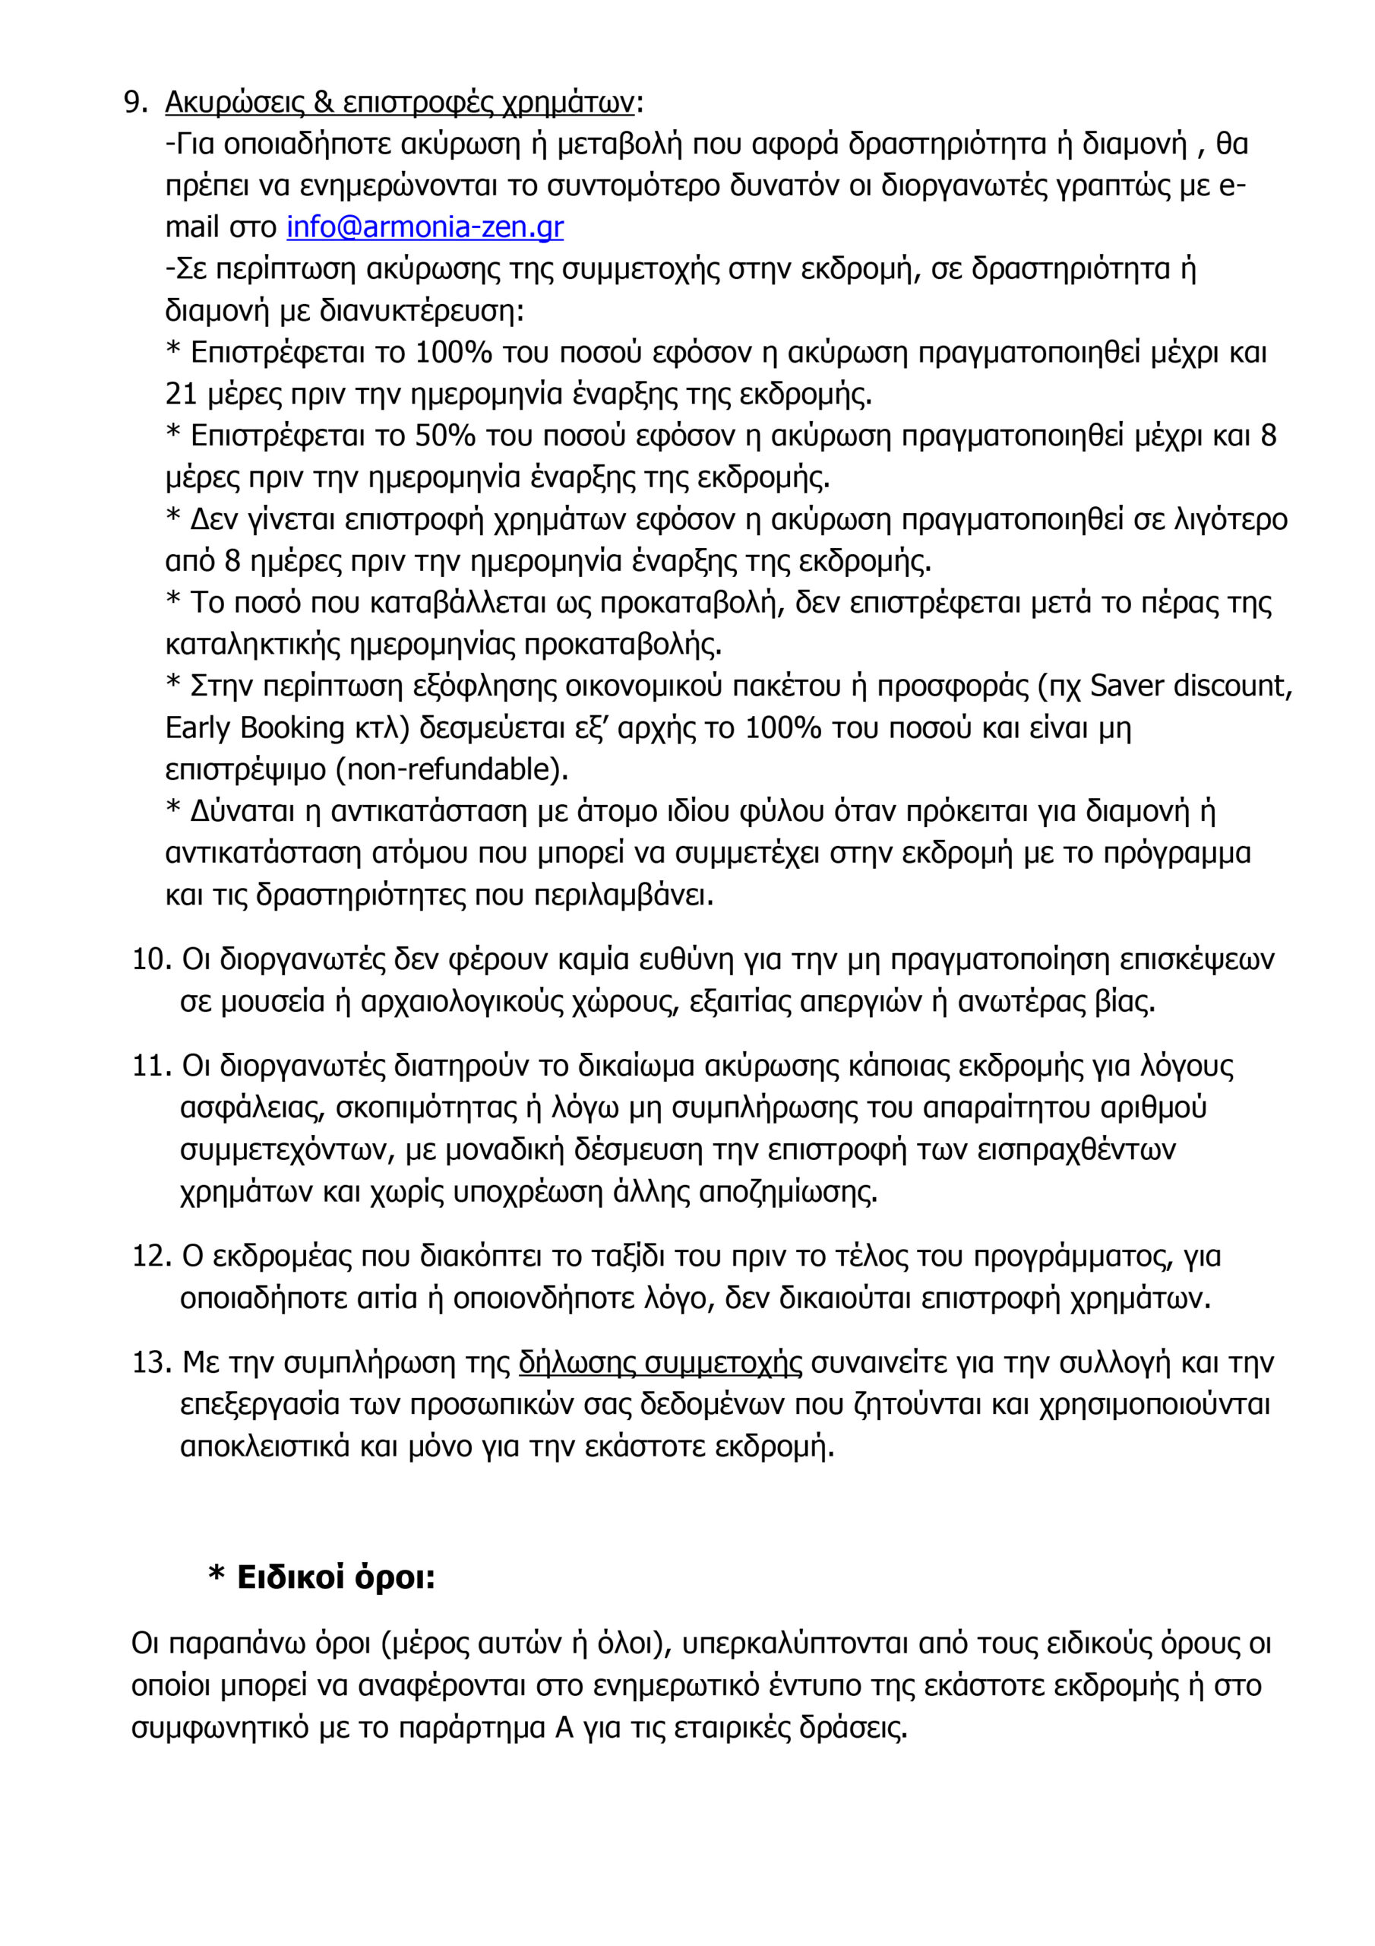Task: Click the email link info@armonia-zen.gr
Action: [425, 227]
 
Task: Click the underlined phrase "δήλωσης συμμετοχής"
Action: [660, 1362]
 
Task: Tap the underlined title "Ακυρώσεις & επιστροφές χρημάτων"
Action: [399, 103]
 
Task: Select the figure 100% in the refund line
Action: [454, 353]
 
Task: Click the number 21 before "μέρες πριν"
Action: [182, 394]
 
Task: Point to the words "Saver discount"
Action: [1190, 686]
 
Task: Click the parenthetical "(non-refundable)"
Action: [453, 769]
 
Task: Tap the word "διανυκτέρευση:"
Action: [422, 311]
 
